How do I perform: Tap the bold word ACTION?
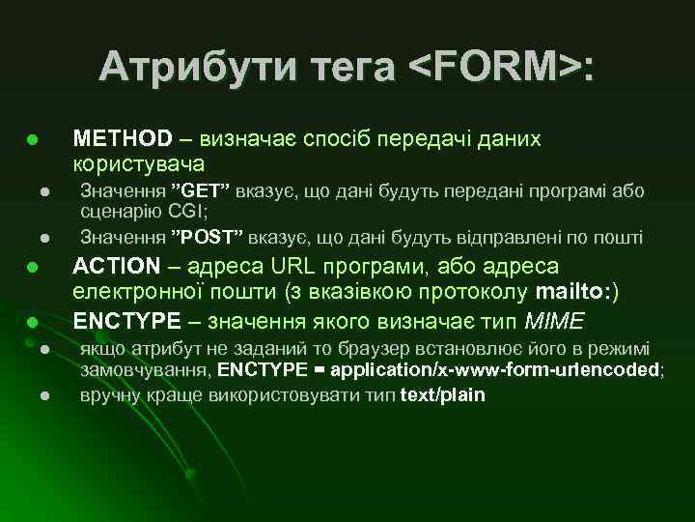[116, 266]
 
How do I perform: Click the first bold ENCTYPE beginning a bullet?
[126, 320]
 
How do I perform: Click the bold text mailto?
[574, 293]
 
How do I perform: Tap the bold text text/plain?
[442, 394]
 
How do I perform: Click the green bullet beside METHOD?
[32, 141]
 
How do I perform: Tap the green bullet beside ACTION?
[32, 268]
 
